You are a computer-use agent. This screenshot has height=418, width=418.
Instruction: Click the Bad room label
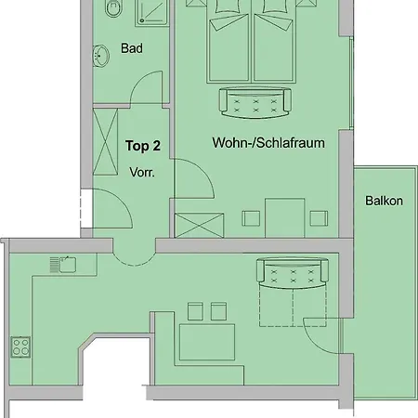(x=132, y=48)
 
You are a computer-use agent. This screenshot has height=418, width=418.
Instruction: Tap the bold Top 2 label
(x=143, y=146)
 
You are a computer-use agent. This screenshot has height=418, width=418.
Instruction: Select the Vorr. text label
(x=142, y=172)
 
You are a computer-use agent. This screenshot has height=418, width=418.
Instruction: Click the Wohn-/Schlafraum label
(x=268, y=143)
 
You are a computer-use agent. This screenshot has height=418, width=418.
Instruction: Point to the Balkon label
(x=384, y=201)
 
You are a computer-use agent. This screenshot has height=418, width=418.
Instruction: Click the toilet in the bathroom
(x=111, y=7)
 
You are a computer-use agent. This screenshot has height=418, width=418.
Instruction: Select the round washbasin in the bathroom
(x=100, y=56)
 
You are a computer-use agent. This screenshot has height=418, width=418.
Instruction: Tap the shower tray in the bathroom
(x=152, y=12)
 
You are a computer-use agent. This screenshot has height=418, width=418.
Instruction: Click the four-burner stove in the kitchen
(x=20, y=346)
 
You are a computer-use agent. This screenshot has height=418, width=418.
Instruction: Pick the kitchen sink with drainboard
(x=63, y=265)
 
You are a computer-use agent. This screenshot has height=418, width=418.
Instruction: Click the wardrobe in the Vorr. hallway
(x=105, y=142)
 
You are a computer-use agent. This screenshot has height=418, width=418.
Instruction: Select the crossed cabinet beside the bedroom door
(x=199, y=226)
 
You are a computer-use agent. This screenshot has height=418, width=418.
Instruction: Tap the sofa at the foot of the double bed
(x=255, y=103)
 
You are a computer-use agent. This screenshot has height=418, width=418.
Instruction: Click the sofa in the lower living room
(x=293, y=273)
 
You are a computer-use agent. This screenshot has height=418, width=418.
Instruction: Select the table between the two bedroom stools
(x=285, y=218)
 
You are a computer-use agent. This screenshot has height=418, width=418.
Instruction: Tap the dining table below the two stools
(x=207, y=342)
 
